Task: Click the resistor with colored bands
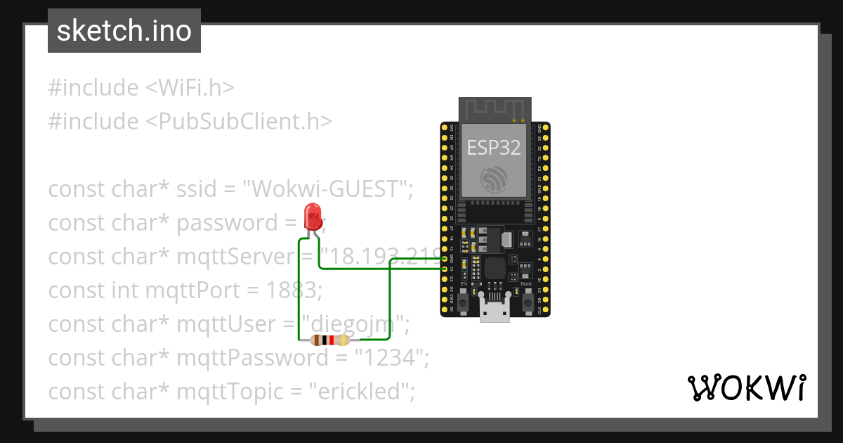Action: (x=329, y=341)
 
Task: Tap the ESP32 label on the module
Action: (x=495, y=146)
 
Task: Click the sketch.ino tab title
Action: (x=124, y=31)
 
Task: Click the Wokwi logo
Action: (x=746, y=387)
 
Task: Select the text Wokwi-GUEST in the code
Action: (x=328, y=189)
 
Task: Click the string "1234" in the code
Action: (x=391, y=357)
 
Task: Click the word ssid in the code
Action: (x=196, y=189)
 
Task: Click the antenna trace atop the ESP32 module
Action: (x=495, y=108)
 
